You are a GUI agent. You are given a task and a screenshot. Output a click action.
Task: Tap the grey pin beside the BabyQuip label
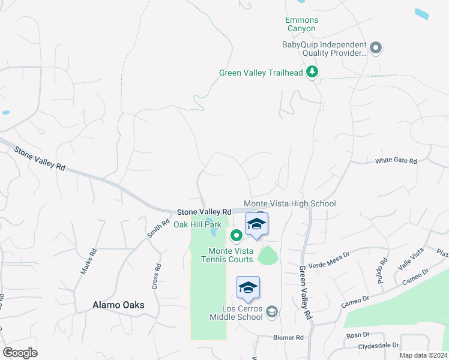click(376, 48)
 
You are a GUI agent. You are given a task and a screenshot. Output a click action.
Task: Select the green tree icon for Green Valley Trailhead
click(312, 73)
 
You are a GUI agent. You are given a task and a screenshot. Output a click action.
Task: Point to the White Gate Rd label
click(396, 161)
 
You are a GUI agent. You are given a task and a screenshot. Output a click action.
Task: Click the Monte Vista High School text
click(289, 204)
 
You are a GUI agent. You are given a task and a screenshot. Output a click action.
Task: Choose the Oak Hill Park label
click(197, 224)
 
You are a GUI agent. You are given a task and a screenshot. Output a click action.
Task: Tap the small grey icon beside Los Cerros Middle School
click(272, 311)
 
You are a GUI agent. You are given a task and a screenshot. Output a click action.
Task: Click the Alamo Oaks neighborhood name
click(118, 305)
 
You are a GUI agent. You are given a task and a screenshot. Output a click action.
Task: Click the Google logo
click(20, 353)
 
